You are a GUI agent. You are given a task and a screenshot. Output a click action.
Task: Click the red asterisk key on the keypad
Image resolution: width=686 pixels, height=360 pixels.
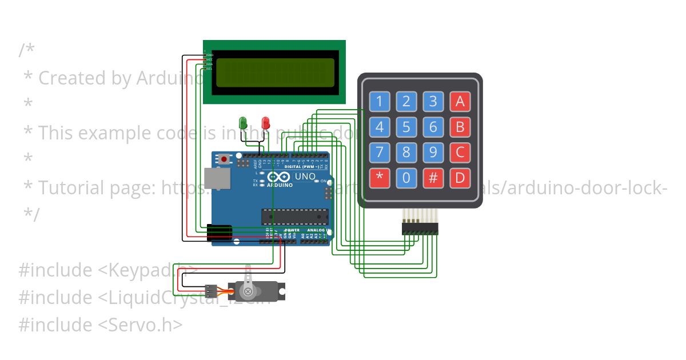[x=379, y=179]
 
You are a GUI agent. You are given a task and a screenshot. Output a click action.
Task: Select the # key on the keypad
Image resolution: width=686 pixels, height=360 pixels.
[x=433, y=179]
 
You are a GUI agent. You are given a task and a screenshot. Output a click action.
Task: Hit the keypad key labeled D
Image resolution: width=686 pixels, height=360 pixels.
[x=460, y=179]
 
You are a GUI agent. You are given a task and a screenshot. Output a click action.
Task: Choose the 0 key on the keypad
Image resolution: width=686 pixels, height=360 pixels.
[x=406, y=179]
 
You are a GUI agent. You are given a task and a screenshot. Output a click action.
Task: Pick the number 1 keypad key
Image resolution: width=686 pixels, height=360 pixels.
[x=379, y=102]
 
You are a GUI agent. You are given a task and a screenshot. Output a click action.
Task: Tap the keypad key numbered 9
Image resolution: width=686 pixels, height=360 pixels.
[x=433, y=153]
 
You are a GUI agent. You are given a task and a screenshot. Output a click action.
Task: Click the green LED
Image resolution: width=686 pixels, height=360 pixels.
[x=242, y=122]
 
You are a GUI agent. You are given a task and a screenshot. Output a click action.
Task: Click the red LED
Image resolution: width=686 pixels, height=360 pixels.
[x=265, y=122]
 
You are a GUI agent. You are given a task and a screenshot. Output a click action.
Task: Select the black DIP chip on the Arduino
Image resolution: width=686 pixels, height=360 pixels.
[x=295, y=217]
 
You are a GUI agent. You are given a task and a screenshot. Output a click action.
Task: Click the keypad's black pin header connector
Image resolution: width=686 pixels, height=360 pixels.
[x=420, y=229]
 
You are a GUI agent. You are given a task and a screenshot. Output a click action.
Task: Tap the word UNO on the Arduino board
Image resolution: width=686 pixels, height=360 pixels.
[x=305, y=177]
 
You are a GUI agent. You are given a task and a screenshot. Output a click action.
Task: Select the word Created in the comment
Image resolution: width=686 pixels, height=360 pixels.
[x=73, y=78]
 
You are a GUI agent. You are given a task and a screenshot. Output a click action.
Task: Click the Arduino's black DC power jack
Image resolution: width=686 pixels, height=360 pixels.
[x=219, y=233]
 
